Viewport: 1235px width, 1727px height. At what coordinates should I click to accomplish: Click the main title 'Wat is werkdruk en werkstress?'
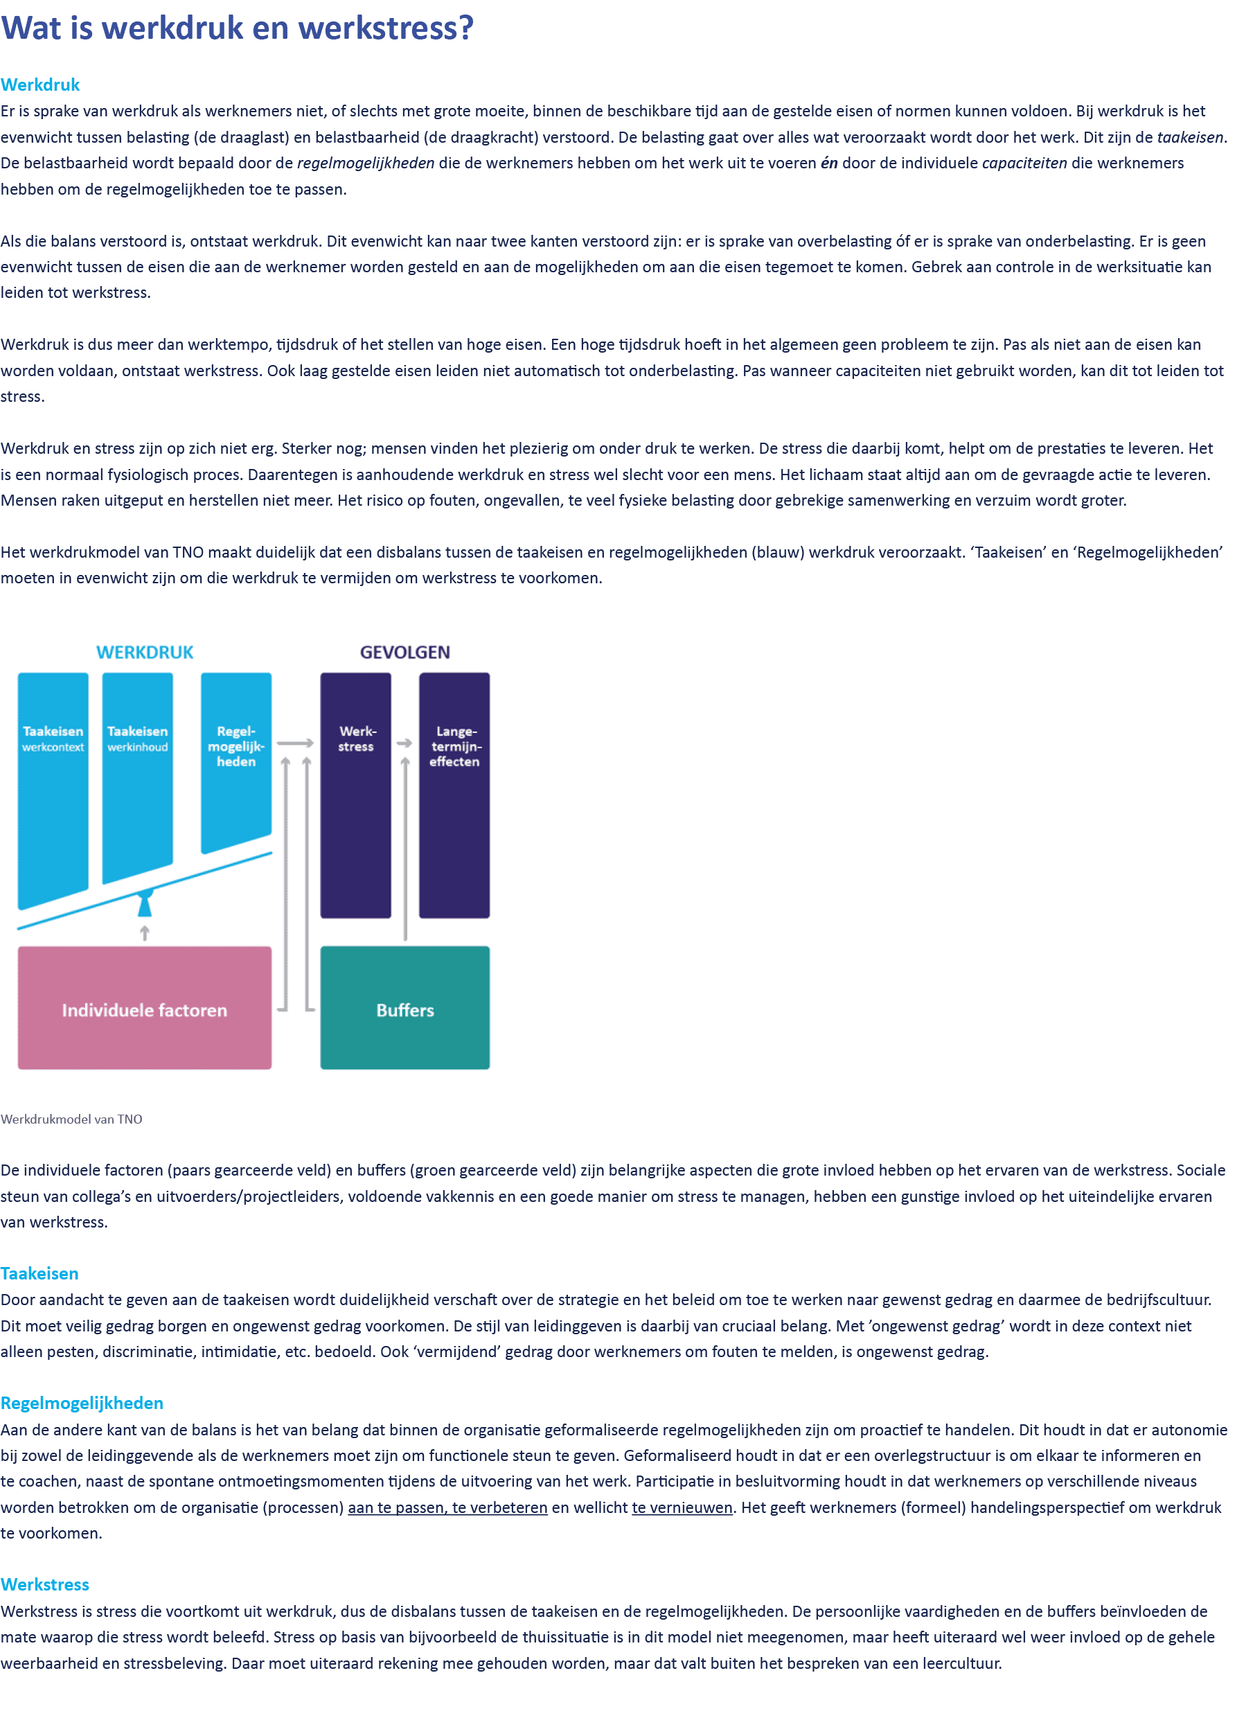click(236, 28)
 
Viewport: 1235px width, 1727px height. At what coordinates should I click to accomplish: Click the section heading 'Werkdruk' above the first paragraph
click(39, 85)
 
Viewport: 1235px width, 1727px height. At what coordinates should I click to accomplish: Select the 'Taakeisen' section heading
click(39, 1273)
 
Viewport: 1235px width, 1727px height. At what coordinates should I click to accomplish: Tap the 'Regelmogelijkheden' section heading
click(81, 1403)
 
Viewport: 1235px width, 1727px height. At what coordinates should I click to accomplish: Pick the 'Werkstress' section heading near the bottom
click(45, 1584)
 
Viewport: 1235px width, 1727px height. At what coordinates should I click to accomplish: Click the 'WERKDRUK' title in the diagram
click(145, 652)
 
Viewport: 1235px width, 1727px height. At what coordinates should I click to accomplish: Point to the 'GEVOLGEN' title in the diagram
click(405, 652)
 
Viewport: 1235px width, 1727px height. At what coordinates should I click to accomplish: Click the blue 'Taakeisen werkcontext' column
click(53, 783)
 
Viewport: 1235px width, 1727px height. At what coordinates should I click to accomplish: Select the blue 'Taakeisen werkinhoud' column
click(137, 776)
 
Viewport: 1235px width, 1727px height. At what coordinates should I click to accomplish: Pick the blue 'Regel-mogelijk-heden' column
click(236, 761)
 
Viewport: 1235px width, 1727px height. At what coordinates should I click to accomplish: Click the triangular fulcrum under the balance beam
click(145, 904)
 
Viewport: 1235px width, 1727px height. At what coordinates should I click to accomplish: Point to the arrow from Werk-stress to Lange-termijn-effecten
click(405, 743)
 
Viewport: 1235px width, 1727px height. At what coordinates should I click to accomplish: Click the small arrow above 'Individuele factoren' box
click(145, 932)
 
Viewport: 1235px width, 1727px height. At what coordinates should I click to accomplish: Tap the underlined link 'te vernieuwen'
click(682, 1507)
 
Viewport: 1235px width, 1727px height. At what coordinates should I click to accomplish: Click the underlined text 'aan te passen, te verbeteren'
click(447, 1507)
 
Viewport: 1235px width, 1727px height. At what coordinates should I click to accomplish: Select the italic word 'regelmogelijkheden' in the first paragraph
click(365, 163)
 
